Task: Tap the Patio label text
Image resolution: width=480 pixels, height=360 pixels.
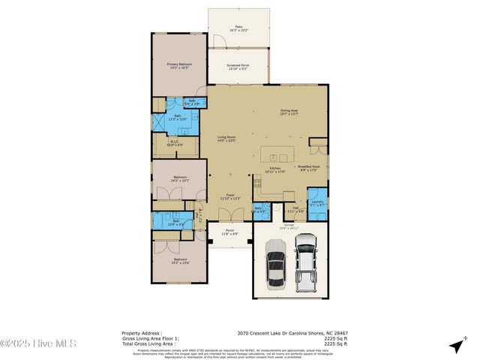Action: (238, 28)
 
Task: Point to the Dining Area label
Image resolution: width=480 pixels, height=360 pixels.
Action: (289, 112)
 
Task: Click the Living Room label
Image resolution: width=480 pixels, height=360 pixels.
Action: (226, 139)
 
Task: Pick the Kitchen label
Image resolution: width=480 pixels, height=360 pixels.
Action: (274, 169)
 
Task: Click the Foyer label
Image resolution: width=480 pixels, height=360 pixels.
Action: (233, 197)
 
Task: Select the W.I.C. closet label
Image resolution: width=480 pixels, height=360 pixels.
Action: (174, 143)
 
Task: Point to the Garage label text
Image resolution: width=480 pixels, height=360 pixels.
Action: (289, 226)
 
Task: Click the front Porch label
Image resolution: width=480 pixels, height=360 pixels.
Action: (230, 232)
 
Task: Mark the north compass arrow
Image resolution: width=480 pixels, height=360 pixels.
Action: (456, 346)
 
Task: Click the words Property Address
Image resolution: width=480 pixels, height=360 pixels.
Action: (141, 333)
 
